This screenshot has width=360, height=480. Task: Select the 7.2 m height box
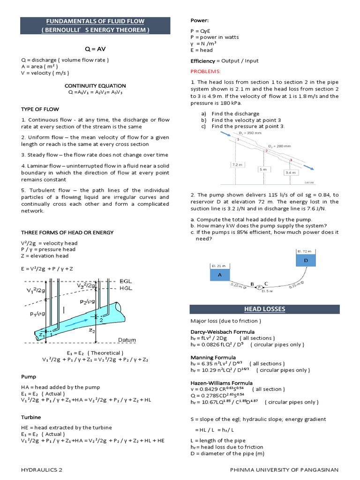[x=238, y=165]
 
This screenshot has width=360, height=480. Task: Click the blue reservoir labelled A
[x=219, y=275]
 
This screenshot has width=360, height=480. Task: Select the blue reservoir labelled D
[x=307, y=260]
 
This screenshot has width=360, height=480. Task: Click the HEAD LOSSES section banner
[x=264, y=309]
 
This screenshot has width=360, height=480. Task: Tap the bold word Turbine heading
[x=31, y=417]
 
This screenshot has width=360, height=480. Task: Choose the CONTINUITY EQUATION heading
[x=95, y=86]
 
